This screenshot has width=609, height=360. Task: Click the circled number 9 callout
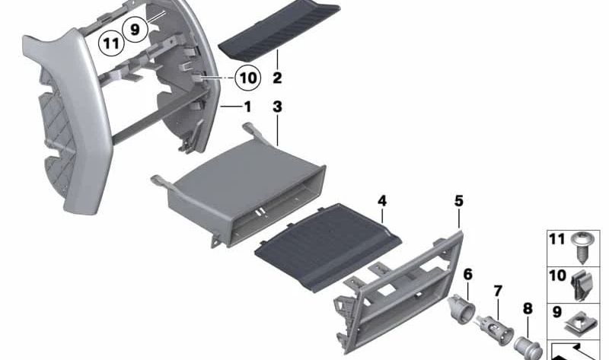135,29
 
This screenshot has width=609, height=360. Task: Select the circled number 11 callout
111,43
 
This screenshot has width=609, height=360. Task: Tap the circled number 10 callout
248,78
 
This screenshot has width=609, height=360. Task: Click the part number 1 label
247,107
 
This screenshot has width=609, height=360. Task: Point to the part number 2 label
277,78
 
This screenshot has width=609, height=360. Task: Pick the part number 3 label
277,107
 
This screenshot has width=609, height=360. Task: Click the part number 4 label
382,201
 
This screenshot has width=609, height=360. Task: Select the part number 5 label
459,201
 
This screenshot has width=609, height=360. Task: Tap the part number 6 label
468,274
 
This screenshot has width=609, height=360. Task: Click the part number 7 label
498,291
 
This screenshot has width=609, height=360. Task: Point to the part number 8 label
528,309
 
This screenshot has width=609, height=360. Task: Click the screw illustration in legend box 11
582,248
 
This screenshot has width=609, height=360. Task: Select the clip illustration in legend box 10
582,285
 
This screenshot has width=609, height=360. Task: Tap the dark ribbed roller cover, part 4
328,247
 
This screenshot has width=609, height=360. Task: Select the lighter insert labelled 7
495,331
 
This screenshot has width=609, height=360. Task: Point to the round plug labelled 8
528,348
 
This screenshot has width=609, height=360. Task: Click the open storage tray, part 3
241,187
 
